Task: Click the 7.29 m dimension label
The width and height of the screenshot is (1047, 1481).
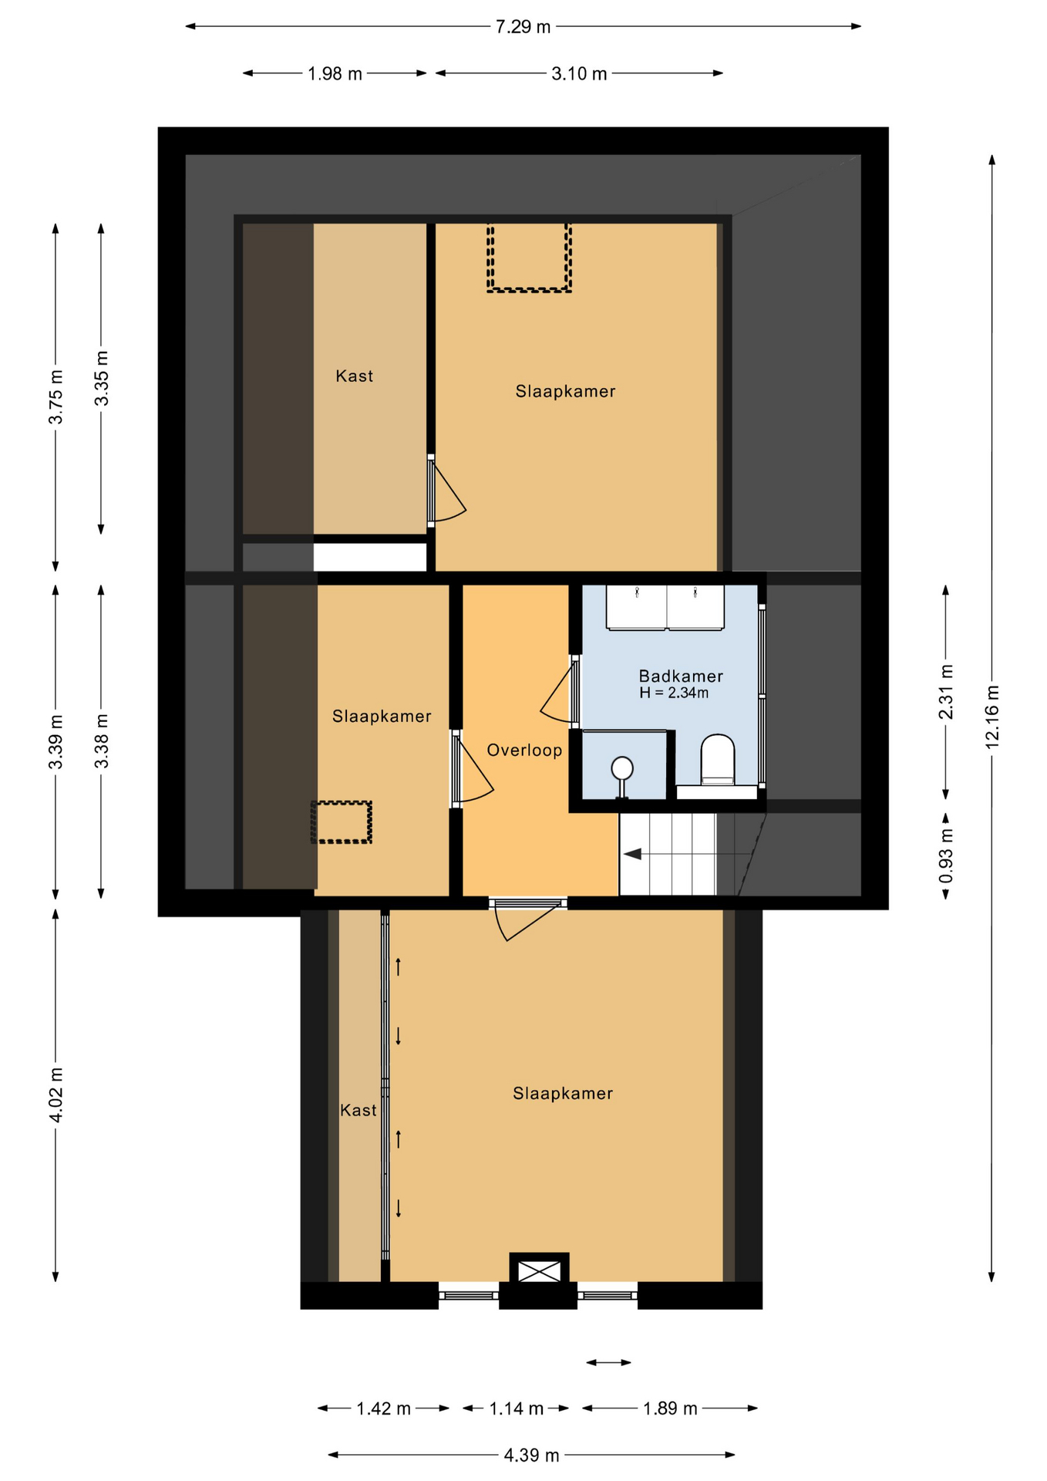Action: click(523, 27)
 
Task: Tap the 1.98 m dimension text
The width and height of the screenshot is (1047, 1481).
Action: click(335, 74)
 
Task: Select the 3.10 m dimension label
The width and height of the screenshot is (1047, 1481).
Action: click(579, 74)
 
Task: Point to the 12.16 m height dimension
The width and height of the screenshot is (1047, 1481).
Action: click(992, 717)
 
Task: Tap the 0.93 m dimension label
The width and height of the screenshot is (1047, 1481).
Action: click(946, 856)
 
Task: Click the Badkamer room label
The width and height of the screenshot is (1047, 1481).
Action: click(681, 676)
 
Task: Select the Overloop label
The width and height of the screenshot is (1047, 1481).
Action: click(524, 751)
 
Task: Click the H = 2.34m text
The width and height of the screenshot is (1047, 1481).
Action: click(674, 693)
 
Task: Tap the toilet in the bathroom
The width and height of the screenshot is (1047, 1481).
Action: click(718, 760)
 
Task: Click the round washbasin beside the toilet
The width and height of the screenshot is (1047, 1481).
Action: click(622, 768)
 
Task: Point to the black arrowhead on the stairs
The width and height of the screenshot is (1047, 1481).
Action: click(632, 854)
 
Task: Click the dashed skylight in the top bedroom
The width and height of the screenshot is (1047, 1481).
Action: click(529, 258)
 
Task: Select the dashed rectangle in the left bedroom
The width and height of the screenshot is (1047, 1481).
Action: click(342, 822)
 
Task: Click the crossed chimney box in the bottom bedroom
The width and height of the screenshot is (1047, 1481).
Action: click(539, 1270)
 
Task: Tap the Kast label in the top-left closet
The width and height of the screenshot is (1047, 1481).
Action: click(354, 376)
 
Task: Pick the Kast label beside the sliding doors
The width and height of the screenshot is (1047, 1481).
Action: click(359, 1111)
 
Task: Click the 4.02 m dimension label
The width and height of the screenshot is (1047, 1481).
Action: click(56, 1096)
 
